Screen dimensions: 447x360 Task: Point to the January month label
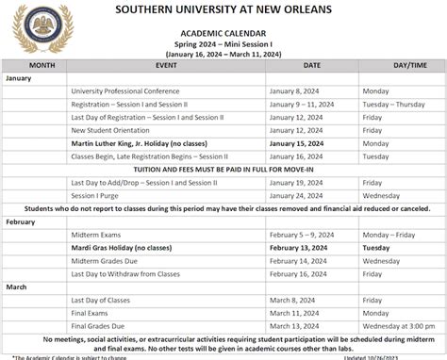(x=20, y=77)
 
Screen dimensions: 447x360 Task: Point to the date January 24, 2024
(x=296, y=195)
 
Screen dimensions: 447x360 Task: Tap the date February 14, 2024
(x=298, y=260)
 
